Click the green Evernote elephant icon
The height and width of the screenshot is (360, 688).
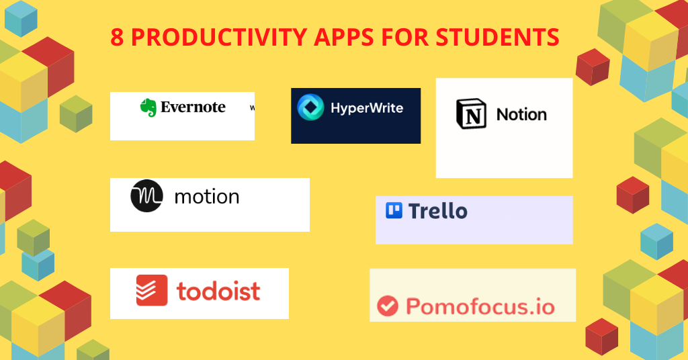pyautogui.click(x=148, y=107)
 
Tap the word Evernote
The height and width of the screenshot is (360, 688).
pyautogui.click(x=193, y=107)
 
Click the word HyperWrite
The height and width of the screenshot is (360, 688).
pyautogui.click(x=367, y=107)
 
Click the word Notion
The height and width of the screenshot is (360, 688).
pyautogui.click(x=521, y=115)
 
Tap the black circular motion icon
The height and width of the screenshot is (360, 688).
pyautogui.click(x=147, y=196)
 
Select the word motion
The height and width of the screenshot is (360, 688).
pyautogui.click(x=206, y=197)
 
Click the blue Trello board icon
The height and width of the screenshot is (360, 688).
pyautogui.click(x=394, y=211)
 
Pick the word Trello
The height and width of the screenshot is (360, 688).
pyautogui.click(x=437, y=211)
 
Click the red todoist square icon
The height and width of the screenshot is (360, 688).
pyautogui.click(x=152, y=290)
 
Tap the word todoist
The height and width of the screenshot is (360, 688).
pyautogui.click(x=218, y=291)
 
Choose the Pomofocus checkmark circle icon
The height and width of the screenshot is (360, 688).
pyautogui.click(x=388, y=306)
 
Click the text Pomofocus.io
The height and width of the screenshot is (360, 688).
pyautogui.click(x=480, y=307)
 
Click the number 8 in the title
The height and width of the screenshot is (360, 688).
pyautogui.click(x=117, y=38)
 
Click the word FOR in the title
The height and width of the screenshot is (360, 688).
pyautogui.click(x=405, y=38)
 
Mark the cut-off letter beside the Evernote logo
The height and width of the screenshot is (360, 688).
pyautogui.click(x=252, y=107)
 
